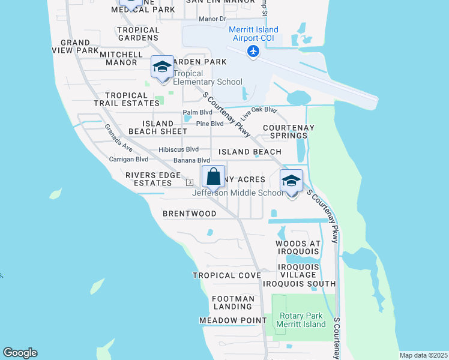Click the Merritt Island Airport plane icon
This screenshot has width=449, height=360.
(253, 52)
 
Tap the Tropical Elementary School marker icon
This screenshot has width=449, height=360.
(161, 68)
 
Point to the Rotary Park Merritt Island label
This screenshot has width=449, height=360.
(301, 320)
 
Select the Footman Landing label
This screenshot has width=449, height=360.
(233, 302)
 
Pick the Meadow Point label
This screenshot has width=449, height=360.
(233, 320)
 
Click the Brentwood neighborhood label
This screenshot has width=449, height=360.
(190, 214)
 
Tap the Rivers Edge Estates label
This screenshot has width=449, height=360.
(153, 179)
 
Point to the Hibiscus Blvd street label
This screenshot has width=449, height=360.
(178, 149)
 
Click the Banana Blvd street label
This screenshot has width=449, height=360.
(191, 160)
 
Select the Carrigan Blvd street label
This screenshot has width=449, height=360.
(128, 160)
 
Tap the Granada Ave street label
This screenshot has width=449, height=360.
(119, 138)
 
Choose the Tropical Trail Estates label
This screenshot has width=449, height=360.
(126, 99)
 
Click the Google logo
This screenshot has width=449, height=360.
(20, 353)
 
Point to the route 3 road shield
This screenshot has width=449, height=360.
(189, 182)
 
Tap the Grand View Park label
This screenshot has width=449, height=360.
(79, 46)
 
